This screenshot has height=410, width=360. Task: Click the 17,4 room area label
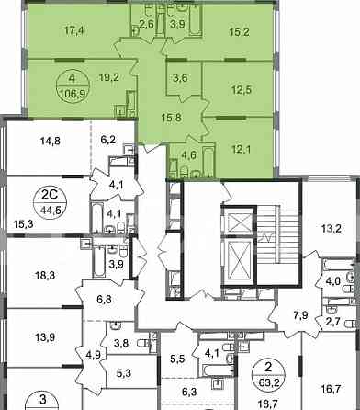74,30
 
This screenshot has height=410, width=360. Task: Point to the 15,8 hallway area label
173,118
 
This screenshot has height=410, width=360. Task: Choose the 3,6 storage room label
180,78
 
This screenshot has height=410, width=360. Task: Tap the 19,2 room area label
109,77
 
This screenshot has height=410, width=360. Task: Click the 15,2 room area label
239,31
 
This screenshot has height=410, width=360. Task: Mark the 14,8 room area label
51,141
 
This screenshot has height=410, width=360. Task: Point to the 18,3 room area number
45,275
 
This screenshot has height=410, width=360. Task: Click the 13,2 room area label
332,228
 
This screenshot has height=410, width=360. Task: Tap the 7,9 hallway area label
301,315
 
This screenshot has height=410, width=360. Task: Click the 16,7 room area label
332,389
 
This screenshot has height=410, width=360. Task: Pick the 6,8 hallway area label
104,299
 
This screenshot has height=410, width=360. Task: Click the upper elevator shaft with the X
239,221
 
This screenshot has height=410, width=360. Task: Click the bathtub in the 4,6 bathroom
208,162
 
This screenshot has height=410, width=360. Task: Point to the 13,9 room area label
45,337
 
